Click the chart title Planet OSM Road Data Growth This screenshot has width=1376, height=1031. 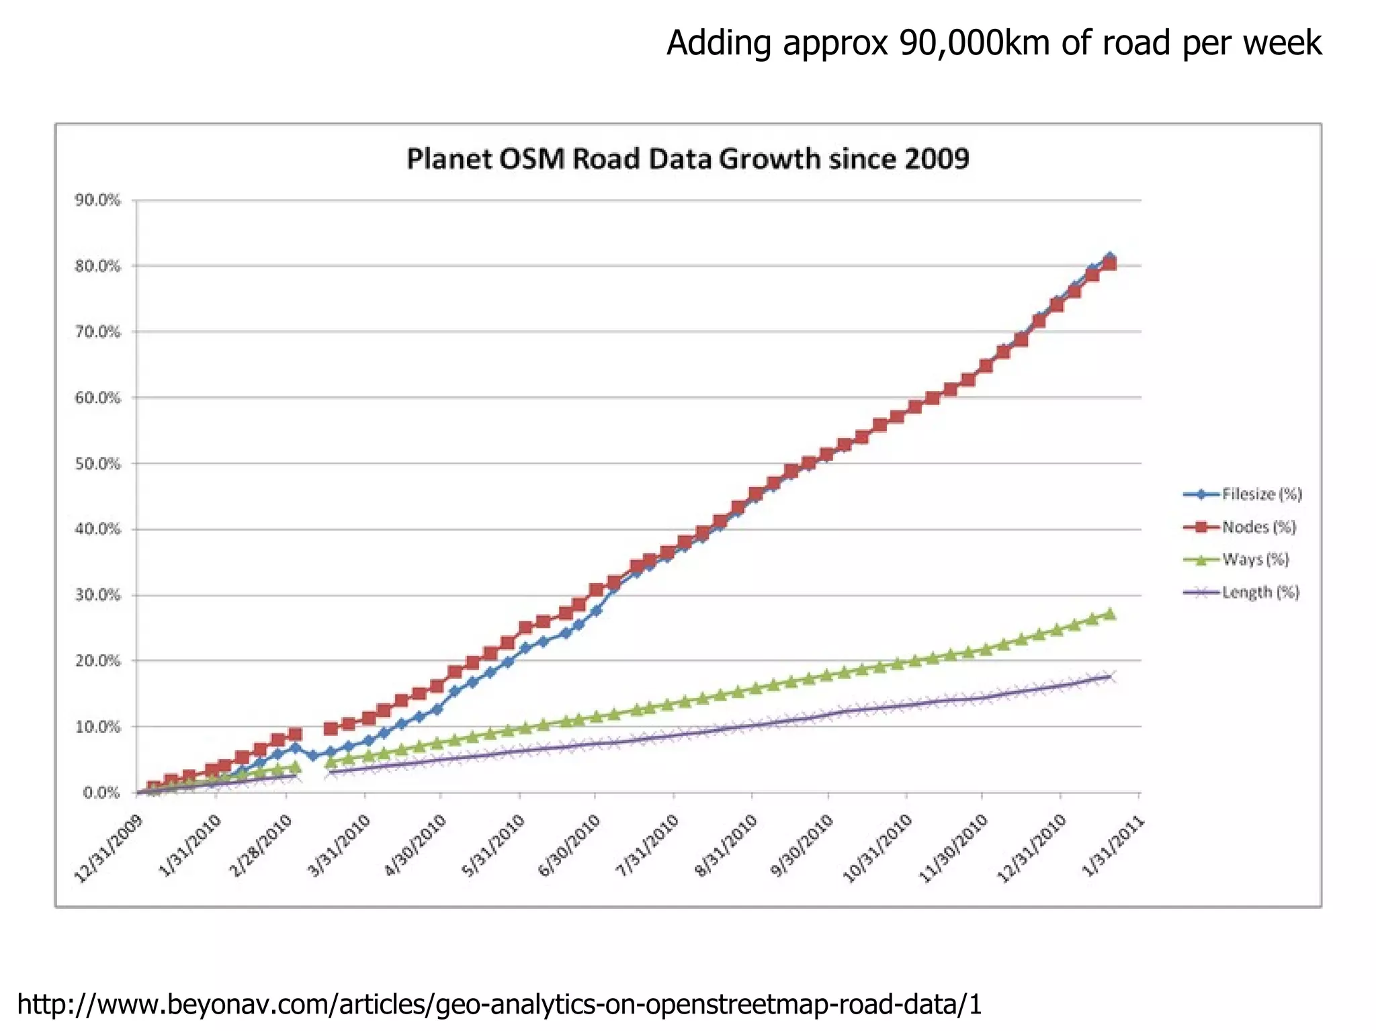point(687,160)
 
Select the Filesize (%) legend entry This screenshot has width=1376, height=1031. point(1262,494)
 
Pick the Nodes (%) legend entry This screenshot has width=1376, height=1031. point(1258,527)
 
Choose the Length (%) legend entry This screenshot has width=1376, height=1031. point(1260,592)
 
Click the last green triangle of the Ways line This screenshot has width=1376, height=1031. point(1110,614)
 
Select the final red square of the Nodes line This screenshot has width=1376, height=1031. point(1110,263)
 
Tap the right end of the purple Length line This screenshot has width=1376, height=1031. point(1111,676)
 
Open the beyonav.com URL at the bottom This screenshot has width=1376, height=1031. point(499,1004)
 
